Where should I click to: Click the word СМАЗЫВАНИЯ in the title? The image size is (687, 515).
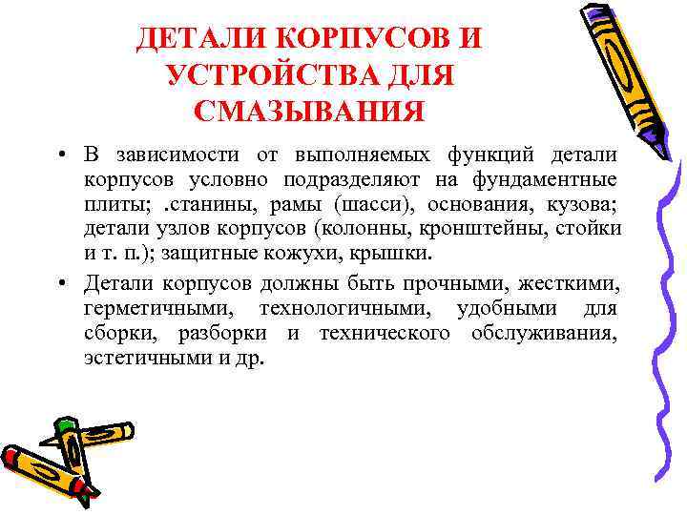[x=308, y=111]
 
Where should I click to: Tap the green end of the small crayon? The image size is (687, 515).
[x=65, y=425]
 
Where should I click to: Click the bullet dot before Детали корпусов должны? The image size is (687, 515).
[x=61, y=283]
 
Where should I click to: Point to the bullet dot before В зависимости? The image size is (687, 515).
[x=61, y=154]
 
